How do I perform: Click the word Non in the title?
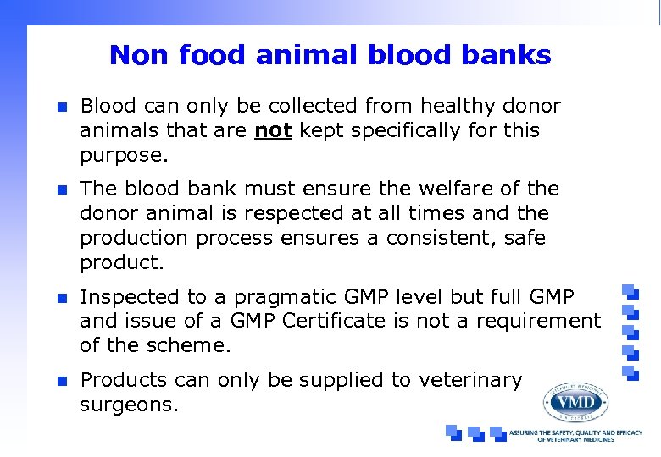pyautogui.click(x=136, y=56)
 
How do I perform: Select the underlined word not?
pyautogui.click(x=273, y=131)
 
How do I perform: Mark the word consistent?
pyautogui.click(x=438, y=239)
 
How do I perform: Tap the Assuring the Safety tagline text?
pyautogui.click(x=575, y=436)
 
